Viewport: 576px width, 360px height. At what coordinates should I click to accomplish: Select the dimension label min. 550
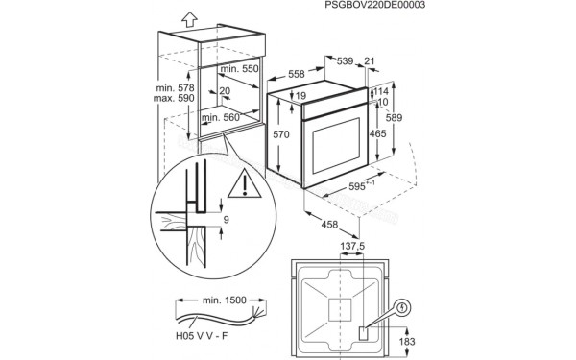(240, 70)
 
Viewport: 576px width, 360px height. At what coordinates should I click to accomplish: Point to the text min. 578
(174, 88)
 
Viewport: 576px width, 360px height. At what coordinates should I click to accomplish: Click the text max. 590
(174, 99)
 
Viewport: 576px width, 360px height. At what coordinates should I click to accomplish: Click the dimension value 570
(279, 135)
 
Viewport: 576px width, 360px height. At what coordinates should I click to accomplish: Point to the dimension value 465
(378, 134)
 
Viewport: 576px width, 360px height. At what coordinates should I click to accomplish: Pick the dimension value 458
(327, 226)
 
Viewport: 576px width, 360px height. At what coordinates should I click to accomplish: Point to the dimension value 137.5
(353, 247)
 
